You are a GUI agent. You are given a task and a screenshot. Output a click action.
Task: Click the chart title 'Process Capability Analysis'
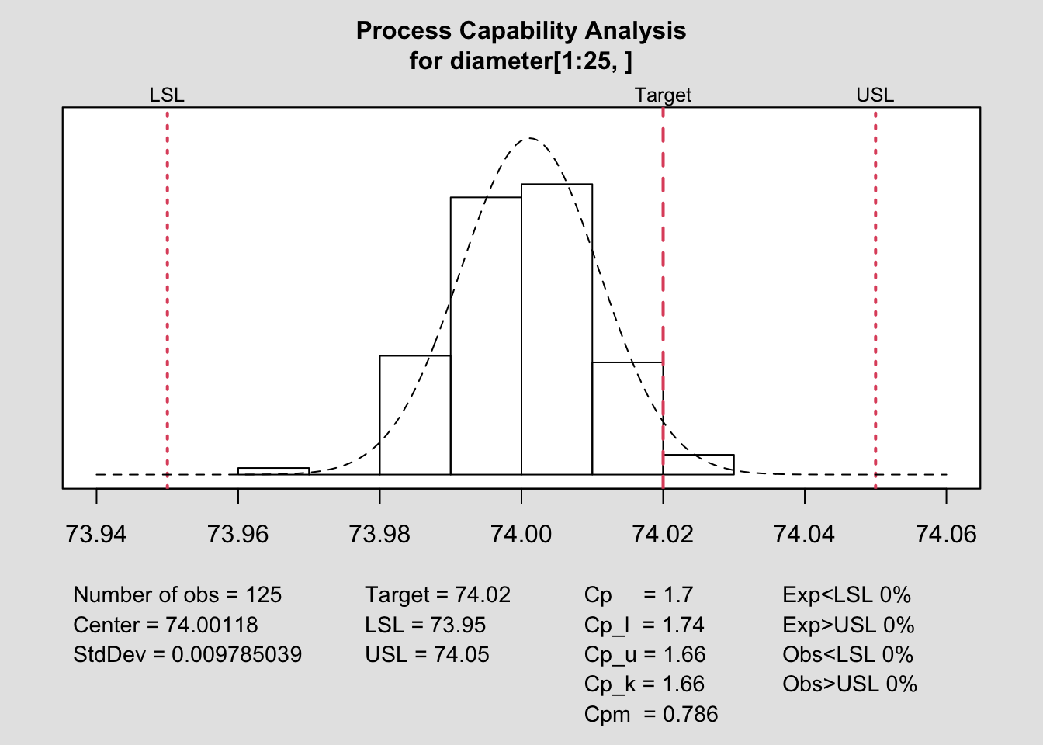[x=521, y=31]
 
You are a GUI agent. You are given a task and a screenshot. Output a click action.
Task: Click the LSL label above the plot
[x=167, y=95]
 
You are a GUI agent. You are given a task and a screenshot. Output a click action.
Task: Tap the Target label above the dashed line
[x=663, y=95]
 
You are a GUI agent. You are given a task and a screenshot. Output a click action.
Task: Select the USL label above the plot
[x=875, y=95]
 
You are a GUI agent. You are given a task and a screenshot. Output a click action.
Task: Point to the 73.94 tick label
[x=96, y=534]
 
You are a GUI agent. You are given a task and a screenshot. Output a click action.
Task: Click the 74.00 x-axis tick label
[x=521, y=534]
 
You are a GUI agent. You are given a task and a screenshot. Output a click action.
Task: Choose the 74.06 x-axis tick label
[x=946, y=534]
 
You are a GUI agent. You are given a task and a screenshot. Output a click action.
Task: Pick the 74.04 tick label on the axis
[x=805, y=534]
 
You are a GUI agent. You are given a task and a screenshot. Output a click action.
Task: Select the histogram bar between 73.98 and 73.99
[x=415, y=415]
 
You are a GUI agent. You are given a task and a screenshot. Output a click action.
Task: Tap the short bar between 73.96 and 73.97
[x=273, y=471]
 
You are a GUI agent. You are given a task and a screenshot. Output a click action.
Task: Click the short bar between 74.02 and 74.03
[x=698, y=465]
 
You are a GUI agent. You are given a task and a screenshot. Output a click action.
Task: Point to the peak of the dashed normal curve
[x=529, y=138]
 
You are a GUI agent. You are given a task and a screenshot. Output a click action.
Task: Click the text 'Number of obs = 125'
[x=178, y=595]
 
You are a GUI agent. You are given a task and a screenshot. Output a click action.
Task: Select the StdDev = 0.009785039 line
[x=187, y=655]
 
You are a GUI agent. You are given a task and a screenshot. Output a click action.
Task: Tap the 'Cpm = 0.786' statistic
[x=651, y=715]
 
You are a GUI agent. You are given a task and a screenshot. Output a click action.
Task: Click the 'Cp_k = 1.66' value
[x=645, y=684]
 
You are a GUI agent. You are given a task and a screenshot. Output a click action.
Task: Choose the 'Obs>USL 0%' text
[x=850, y=684]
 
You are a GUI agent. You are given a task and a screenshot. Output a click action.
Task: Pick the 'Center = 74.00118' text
[x=165, y=625]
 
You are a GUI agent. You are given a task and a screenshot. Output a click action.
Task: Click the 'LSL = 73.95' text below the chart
[x=425, y=625]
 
